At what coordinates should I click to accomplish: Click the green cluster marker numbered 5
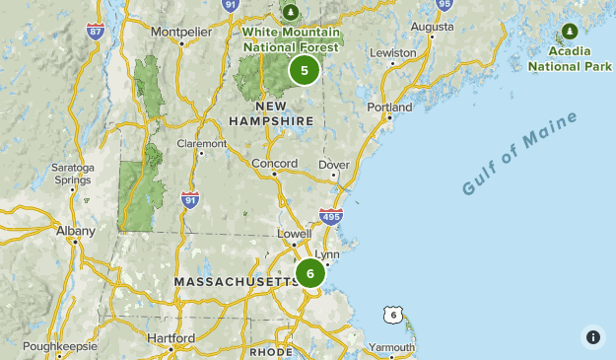tap(305, 70)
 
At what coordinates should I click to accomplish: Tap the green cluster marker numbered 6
tap(310, 273)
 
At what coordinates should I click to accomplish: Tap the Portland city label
tap(388, 107)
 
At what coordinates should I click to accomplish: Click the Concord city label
tap(274, 163)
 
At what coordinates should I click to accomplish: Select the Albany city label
tap(75, 231)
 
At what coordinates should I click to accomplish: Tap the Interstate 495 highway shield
tap(331, 216)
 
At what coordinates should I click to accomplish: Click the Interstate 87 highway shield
tap(95, 32)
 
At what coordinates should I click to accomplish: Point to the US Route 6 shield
tap(393, 315)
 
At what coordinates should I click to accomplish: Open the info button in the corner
tap(592, 336)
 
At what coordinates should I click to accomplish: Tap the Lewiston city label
tap(387, 52)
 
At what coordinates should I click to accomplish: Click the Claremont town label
tap(201, 143)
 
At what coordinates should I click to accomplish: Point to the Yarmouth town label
tap(392, 348)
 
